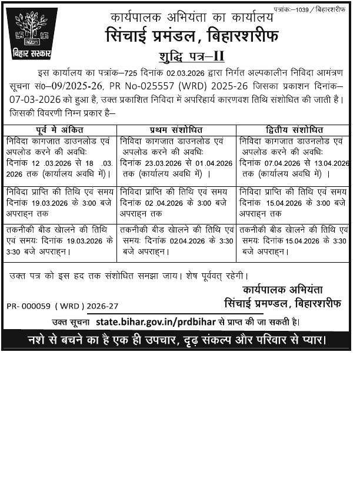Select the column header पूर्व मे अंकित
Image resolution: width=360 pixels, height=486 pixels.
pyautogui.click(x=59, y=130)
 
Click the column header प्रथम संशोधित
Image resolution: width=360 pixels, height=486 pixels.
pyautogui.click(x=177, y=130)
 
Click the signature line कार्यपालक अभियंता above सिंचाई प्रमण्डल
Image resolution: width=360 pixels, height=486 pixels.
pyautogui.click(x=282, y=290)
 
